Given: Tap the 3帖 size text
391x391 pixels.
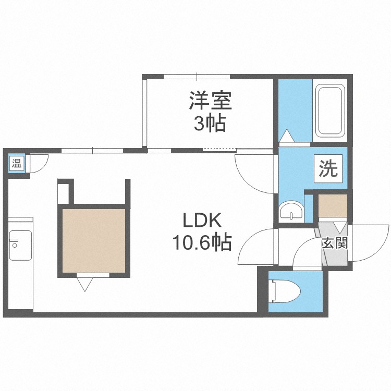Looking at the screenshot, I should point(210,124).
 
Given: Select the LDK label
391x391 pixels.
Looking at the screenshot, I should point(202,221).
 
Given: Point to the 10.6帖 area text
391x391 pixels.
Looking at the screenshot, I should point(202,242).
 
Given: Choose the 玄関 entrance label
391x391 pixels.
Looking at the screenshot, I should point(334,243).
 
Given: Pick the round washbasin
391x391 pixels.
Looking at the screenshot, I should point(290,212).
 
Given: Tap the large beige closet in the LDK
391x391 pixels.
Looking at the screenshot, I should point(94,241).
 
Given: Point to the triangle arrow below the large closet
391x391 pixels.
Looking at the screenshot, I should point(85,283).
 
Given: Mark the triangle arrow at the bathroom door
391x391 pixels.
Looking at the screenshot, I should point(287,136).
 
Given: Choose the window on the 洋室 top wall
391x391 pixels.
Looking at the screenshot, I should point(197,77).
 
